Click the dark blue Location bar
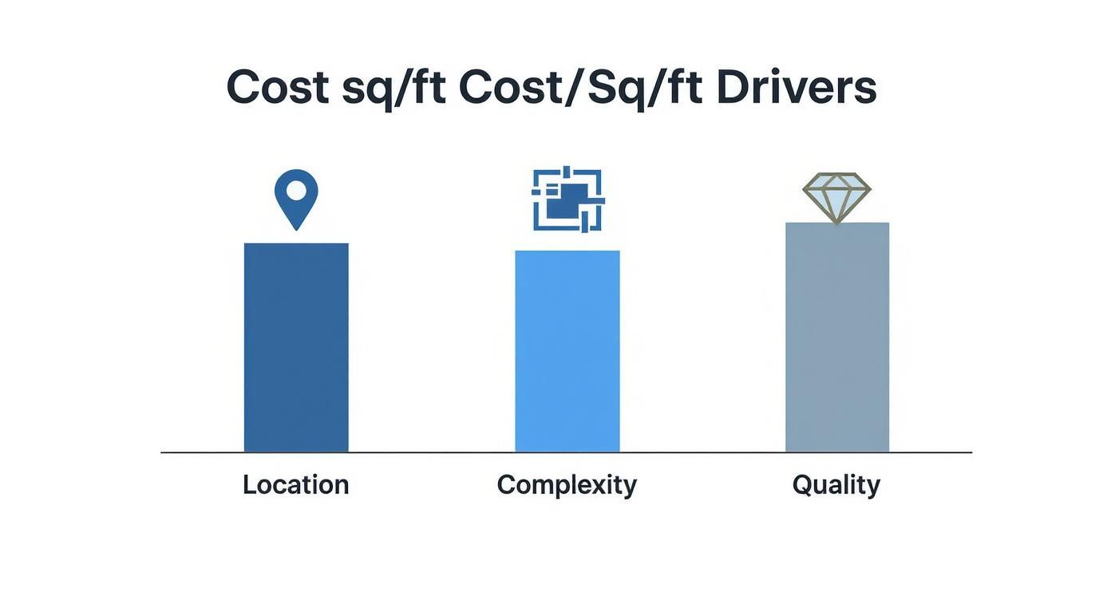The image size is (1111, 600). [296, 347]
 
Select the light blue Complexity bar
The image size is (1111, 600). [567, 351]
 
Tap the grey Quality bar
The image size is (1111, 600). [837, 337]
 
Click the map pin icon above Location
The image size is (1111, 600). [296, 199]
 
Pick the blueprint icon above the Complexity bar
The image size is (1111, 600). [568, 199]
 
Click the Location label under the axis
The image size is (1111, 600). [296, 484]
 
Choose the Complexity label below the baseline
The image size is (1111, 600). [567, 485]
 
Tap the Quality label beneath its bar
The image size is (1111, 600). [836, 485]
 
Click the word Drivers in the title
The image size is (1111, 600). [797, 88]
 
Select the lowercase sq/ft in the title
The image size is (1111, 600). [393, 89]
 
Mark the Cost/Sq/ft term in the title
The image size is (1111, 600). [580, 89]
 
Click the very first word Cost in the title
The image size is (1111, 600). [278, 88]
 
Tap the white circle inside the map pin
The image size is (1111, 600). [296, 191]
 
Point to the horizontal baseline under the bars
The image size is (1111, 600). [566, 452]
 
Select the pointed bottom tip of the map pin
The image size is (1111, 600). [296, 230]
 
